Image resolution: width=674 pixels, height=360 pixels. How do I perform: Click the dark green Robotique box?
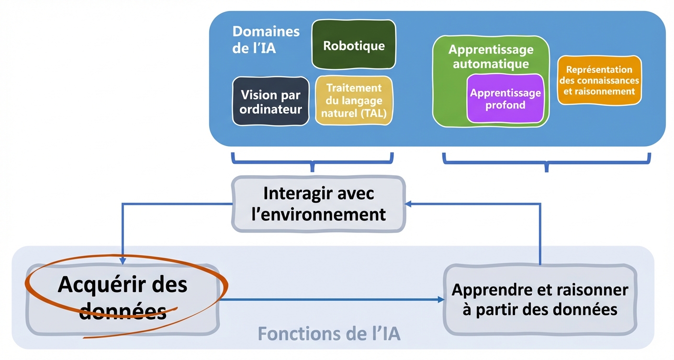click(354, 45)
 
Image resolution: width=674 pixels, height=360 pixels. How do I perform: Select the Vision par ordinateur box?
click(270, 101)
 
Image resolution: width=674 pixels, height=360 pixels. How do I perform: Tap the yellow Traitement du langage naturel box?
click(354, 101)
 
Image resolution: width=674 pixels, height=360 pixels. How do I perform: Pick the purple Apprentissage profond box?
click(505, 99)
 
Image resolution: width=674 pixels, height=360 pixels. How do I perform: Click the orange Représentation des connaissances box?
click(599, 80)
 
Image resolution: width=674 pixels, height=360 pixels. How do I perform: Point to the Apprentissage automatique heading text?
click(491, 56)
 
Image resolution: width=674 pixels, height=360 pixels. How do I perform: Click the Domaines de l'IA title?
click(266, 39)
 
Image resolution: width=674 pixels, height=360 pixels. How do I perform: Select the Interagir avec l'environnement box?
click(318, 204)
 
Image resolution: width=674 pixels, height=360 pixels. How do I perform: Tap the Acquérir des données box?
click(123, 298)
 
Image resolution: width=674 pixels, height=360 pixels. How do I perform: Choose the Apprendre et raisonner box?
click(540, 300)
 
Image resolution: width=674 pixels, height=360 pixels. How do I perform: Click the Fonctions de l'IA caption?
click(329, 334)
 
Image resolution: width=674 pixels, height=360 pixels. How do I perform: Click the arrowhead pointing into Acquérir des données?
click(123, 260)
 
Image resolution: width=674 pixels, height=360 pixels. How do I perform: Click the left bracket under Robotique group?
click(312, 161)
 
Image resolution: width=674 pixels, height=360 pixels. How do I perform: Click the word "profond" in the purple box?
click(505, 105)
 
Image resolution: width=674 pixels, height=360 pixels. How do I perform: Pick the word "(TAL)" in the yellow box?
click(375, 114)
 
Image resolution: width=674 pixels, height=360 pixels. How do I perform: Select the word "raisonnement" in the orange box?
click(599, 91)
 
